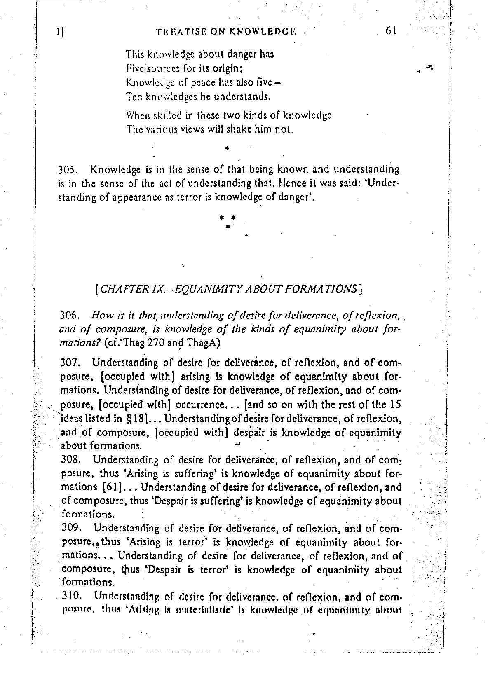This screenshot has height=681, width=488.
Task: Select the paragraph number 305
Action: [x=66, y=170]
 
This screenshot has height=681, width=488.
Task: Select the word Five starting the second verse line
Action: [x=134, y=68]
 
